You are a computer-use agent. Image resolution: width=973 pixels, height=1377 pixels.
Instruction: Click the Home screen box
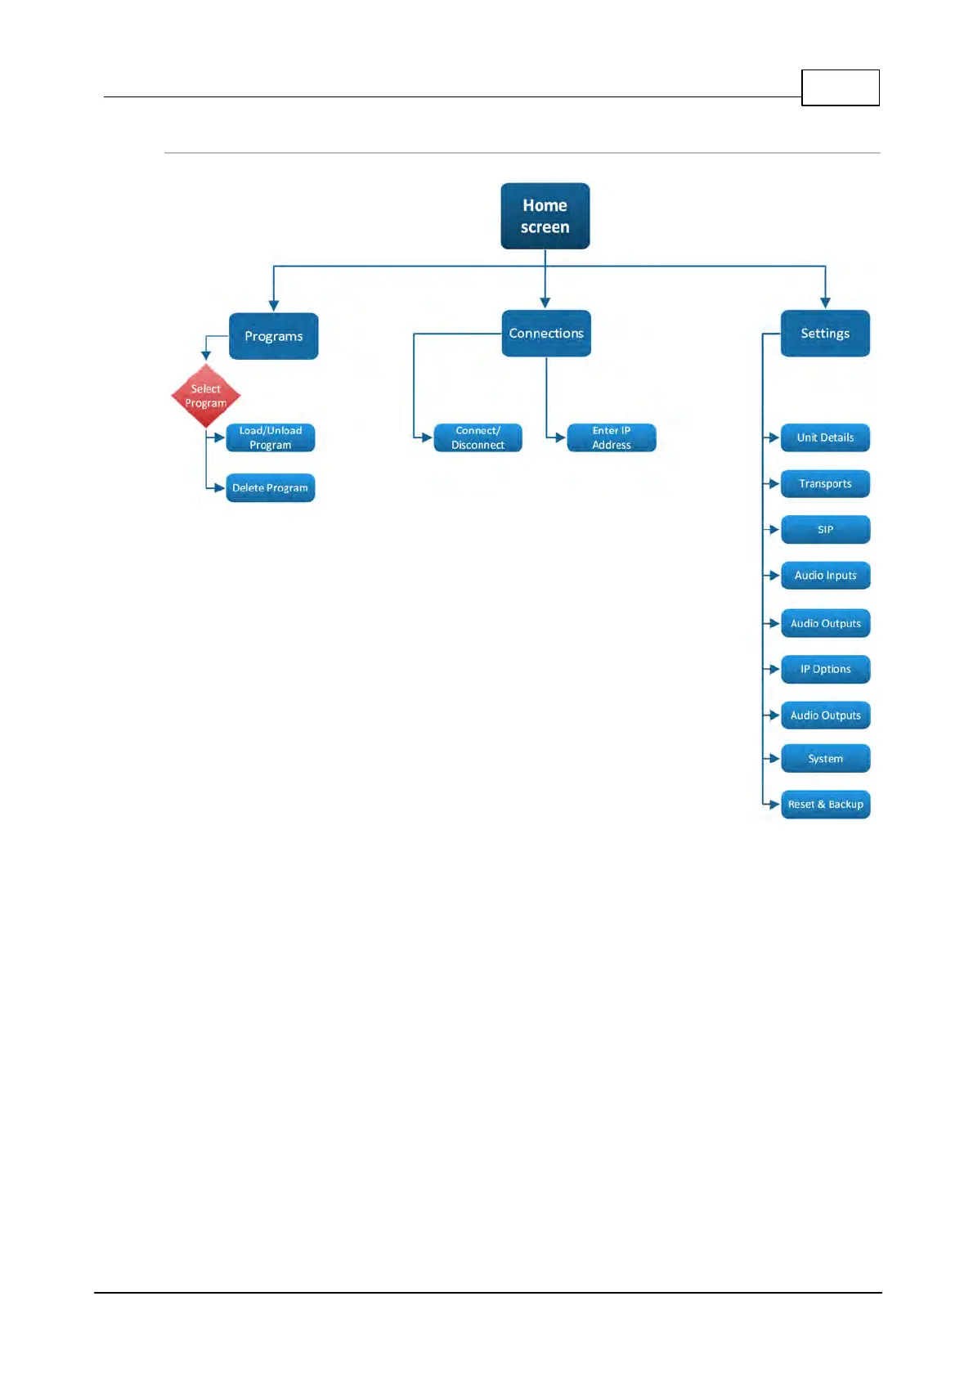[545, 216]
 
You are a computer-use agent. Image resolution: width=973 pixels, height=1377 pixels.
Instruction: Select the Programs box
[273, 336]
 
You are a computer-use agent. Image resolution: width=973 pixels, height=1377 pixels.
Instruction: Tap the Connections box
[546, 334]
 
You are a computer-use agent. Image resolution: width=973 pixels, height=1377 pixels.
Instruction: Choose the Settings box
[825, 334]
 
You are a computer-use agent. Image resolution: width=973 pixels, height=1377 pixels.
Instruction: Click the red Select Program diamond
[206, 396]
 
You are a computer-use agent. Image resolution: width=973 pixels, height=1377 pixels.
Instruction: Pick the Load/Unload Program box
[270, 437]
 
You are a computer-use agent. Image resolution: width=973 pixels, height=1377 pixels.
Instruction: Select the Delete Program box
[270, 488]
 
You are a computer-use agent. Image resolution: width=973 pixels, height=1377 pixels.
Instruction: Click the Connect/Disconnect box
[478, 437]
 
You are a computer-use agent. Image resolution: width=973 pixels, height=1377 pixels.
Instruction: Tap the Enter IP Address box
[612, 437]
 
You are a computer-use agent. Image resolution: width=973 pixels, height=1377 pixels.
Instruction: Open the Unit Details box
[825, 437]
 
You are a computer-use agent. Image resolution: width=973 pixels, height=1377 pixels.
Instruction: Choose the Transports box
[825, 484]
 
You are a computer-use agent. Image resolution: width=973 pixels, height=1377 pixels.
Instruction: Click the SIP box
[825, 530]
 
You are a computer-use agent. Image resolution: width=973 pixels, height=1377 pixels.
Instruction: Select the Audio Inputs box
[825, 576]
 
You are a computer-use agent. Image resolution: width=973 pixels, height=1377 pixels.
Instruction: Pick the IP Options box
[825, 669]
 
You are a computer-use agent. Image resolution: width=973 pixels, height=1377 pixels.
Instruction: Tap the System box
[825, 759]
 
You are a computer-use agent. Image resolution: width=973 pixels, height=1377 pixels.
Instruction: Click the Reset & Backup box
[825, 805]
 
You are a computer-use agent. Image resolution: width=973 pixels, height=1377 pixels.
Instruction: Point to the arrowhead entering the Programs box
[273, 306]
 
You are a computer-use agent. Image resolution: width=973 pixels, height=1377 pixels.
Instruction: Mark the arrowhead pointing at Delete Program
[218, 488]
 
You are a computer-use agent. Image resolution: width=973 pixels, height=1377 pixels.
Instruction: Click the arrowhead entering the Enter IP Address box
[560, 437]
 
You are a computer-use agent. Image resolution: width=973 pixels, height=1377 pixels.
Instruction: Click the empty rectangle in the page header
[840, 87]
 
